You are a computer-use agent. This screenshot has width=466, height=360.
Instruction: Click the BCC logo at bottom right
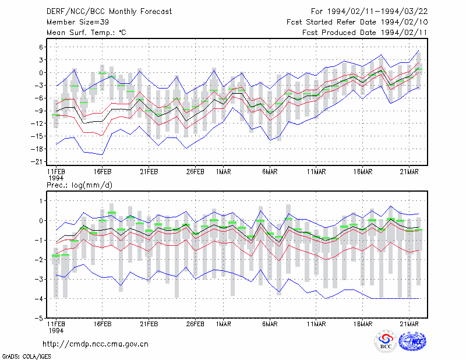click(x=386, y=341)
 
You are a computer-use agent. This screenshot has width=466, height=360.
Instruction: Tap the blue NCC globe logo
click(x=412, y=341)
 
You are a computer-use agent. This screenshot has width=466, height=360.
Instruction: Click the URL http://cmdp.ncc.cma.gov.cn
click(x=96, y=344)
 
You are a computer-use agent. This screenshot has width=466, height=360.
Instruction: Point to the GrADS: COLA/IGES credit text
click(x=26, y=357)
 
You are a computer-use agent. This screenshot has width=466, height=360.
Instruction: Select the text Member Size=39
click(x=77, y=22)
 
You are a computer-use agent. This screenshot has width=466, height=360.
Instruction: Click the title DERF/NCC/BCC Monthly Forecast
click(x=109, y=12)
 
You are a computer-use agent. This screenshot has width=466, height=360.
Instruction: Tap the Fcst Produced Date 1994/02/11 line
click(x=365, y=33)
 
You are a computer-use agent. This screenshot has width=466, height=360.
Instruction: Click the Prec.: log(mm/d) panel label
click(x=79, y=185)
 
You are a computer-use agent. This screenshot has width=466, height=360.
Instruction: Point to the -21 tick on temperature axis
click(x=37, y=162)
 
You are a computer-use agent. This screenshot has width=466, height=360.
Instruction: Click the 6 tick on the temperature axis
click(x=41, y=47)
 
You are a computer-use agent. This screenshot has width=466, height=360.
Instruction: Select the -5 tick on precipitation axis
click(x=39, y=318)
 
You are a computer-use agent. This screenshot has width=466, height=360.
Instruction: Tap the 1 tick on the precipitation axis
click(x=41, y=201)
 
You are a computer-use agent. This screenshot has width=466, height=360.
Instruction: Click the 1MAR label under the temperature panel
click(x=224, y=172)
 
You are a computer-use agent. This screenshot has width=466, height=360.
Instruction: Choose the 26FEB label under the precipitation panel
click(x=195, y=324)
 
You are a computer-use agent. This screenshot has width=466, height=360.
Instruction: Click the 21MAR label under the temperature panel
click(x=409, y=172)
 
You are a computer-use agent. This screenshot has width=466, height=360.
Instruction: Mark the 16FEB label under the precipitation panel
click(x=103, y=324)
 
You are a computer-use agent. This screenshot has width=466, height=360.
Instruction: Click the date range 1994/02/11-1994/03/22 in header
click(x=377, y=12)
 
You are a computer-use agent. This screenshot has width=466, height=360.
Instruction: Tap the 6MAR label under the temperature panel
click(x=270, y=172)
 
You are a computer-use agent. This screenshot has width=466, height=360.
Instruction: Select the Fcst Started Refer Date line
click(x=357, y=22)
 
